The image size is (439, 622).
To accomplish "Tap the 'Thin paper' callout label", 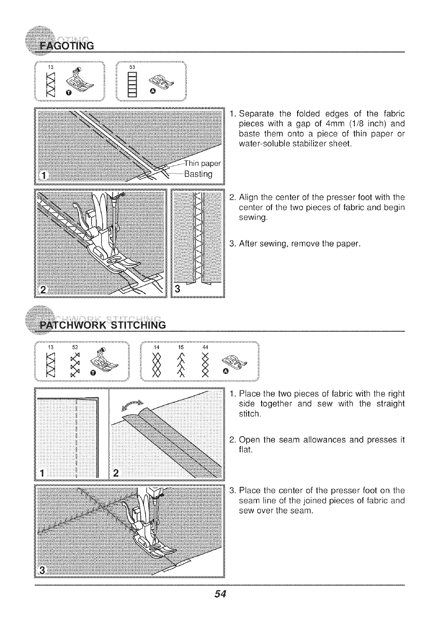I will point(201,163).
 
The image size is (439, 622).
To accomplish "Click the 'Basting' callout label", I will point(198,174).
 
